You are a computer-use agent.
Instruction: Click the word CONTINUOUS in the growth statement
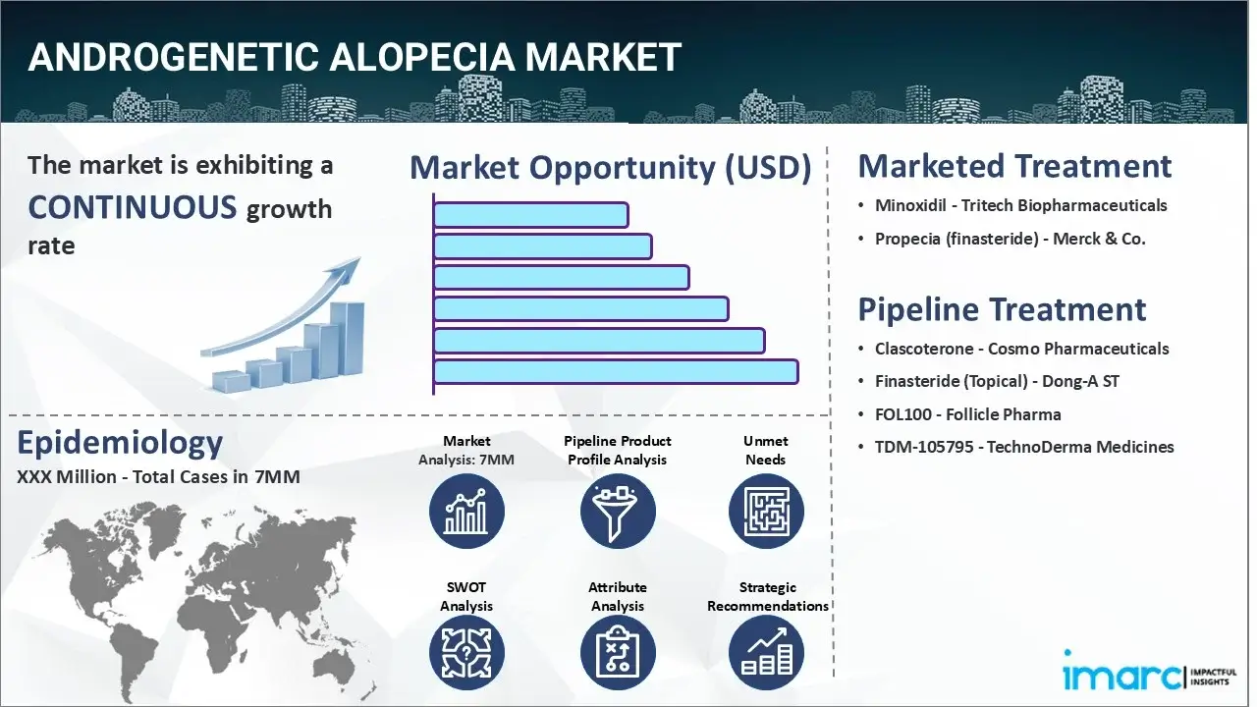[132, 207]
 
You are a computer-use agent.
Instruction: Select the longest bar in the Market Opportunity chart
[615, 371]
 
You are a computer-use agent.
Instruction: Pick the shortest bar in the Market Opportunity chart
[530, 215]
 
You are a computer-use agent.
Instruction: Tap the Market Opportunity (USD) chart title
[610, 168]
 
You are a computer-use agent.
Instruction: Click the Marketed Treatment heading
[1014, 166]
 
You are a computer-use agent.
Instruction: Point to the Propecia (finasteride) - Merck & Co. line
[1010, 239]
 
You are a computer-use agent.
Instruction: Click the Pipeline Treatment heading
[1002, 309]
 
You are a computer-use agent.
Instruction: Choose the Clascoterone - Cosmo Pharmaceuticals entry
[1021, 349]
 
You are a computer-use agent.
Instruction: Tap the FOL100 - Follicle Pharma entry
[967, 413]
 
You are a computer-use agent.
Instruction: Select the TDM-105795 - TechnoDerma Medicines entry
[1024, 447]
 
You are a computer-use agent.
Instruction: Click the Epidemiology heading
[120, 443]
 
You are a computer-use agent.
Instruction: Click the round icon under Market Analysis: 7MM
[466, 512]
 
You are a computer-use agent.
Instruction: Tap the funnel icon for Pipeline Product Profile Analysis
[617, 512]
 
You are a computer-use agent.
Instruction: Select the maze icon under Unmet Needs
[766, 512]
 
